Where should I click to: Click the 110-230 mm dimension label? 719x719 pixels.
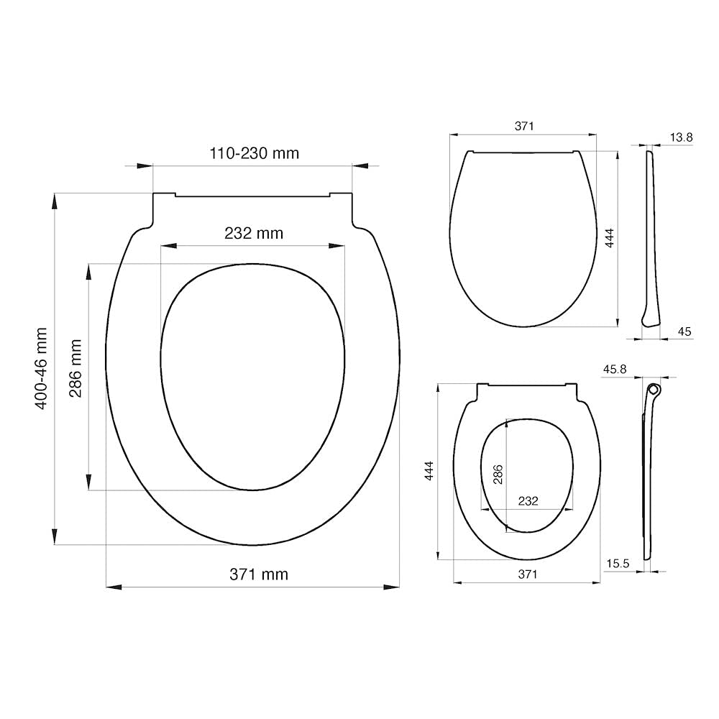(x=254, y=152)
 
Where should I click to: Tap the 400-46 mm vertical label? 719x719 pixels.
(x=41, y=368)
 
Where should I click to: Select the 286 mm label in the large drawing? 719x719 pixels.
(x=75, y=368)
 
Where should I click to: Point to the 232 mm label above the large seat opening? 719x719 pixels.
(x=254, y=233)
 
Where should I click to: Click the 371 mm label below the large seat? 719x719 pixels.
(x=259, y=574)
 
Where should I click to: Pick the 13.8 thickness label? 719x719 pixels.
(x=681, y=137)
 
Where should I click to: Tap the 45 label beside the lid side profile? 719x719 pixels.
(x=684, y=331)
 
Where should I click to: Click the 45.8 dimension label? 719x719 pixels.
(x=615, y=369)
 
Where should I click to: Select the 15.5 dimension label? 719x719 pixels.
(x=618, y=564)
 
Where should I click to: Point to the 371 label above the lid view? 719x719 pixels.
(x=523, y=126)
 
